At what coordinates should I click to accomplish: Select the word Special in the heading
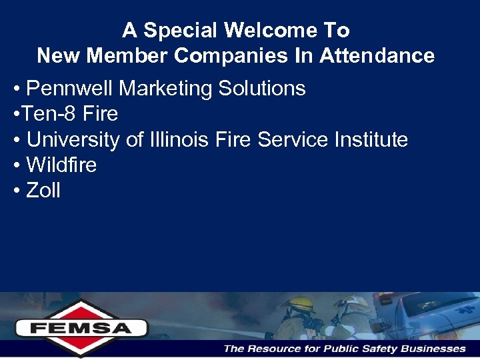181,31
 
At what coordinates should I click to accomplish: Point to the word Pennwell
71,89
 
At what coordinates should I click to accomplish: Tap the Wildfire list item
61,165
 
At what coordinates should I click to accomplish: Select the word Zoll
43,191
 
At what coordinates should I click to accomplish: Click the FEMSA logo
81,327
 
